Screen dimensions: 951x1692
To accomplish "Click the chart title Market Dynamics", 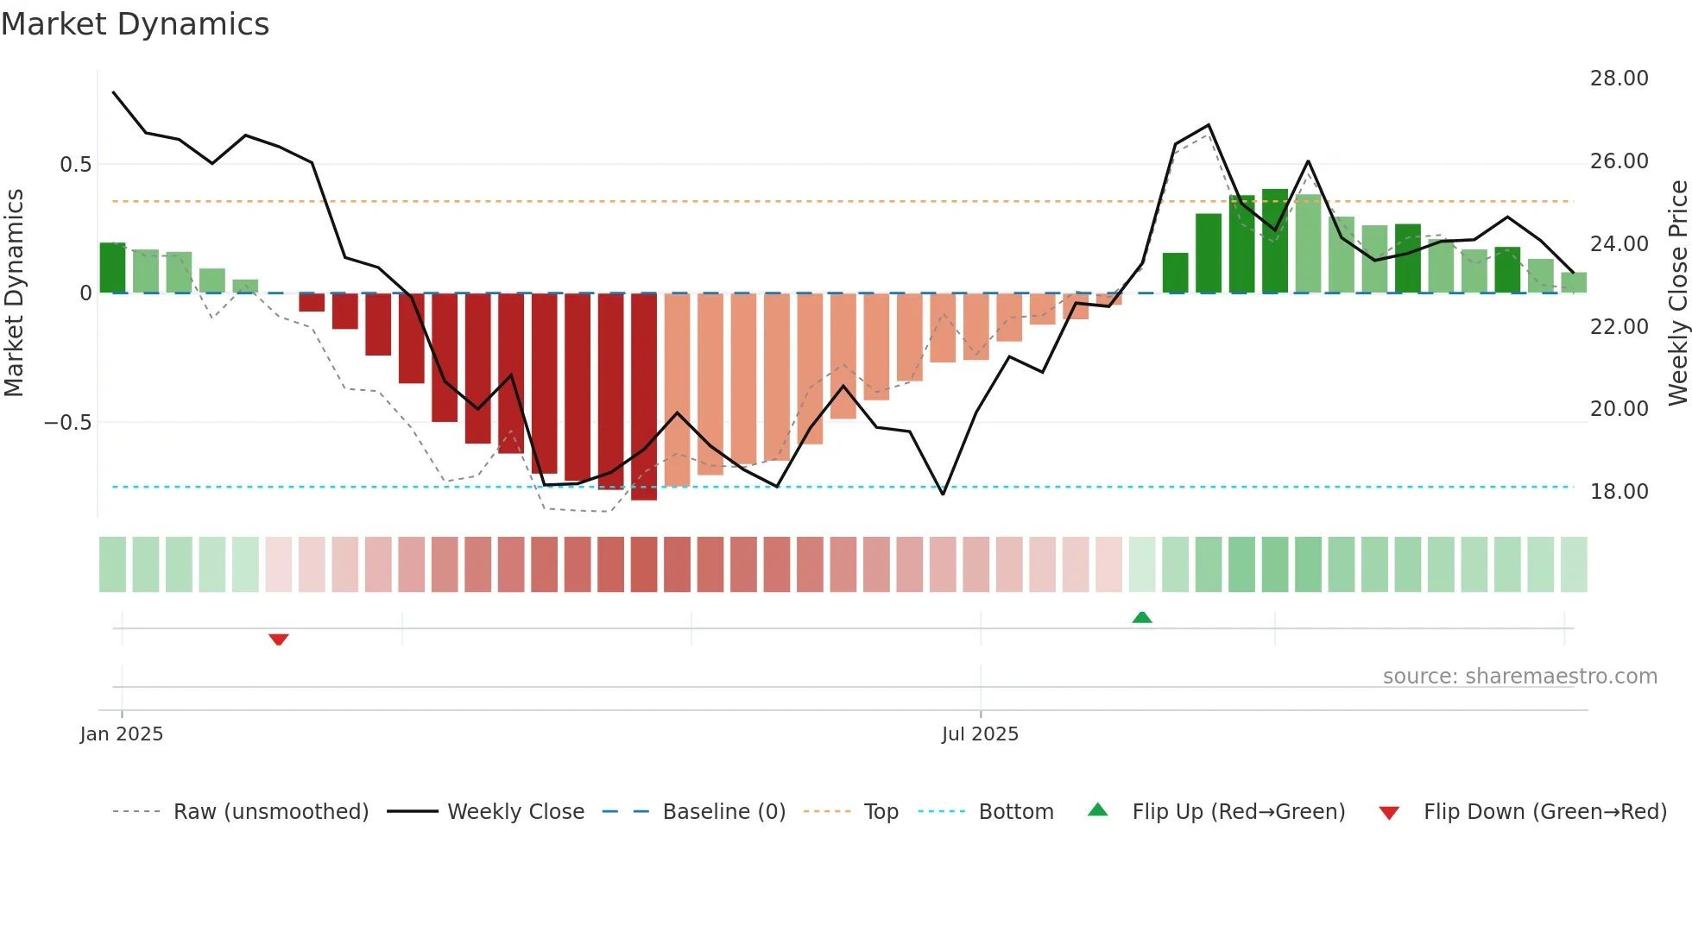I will click(x=136, y=24).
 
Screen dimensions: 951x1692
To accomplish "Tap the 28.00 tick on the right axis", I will click(x=1619, y=79).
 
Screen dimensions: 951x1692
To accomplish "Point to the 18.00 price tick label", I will click(x=1619, y=492).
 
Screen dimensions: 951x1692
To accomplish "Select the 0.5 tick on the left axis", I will click(x=75, y=165).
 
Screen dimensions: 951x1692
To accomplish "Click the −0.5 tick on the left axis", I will click(x=67, y=423).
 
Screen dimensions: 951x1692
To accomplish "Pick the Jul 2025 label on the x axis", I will click(x=980, y=734).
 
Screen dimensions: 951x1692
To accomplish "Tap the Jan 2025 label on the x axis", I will click(x=122, y=734).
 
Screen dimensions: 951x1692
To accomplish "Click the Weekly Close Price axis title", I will click(x=1677, y=293).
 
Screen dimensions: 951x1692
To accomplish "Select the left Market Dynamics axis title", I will click(x=14, y=293).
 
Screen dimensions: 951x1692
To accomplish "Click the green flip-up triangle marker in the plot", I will click(x=1142, y=617).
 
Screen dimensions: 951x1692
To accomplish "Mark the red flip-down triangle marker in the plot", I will click(x=278, y=639).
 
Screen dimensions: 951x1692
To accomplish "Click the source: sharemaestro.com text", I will click(x=1519, y=677).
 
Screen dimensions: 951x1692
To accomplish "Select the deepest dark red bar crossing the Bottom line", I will click(x=644, y=397).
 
